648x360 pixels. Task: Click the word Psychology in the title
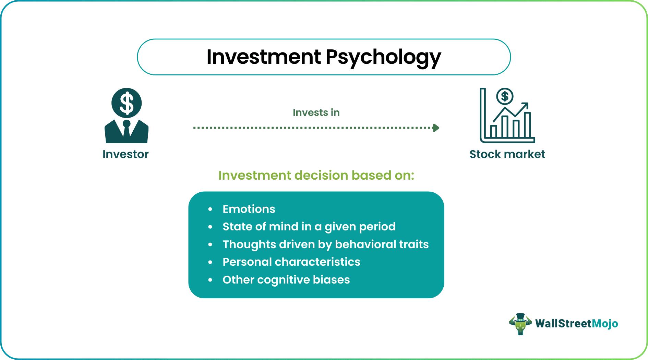coord(383,57)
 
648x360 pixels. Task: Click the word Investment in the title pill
coord(264,57)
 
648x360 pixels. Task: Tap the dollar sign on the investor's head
coord(127,103)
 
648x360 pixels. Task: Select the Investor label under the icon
coord(125,154)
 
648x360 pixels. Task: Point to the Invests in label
coord(316,112)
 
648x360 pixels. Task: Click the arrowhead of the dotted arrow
coord(436,128)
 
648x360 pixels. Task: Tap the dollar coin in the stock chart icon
coord(505,97)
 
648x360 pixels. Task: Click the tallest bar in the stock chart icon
coord(527,125)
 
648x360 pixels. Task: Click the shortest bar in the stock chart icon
coord(494,131)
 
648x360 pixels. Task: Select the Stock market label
coord(507,154)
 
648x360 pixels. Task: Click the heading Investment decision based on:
coord(316,176)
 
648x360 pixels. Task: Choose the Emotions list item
coord(249,209)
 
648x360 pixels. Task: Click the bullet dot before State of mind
coord(210,227)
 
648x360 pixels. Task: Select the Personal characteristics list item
coord(291,262)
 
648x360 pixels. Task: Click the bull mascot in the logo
coord(520,324)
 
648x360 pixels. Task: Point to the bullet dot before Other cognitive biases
coord(210,280)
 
